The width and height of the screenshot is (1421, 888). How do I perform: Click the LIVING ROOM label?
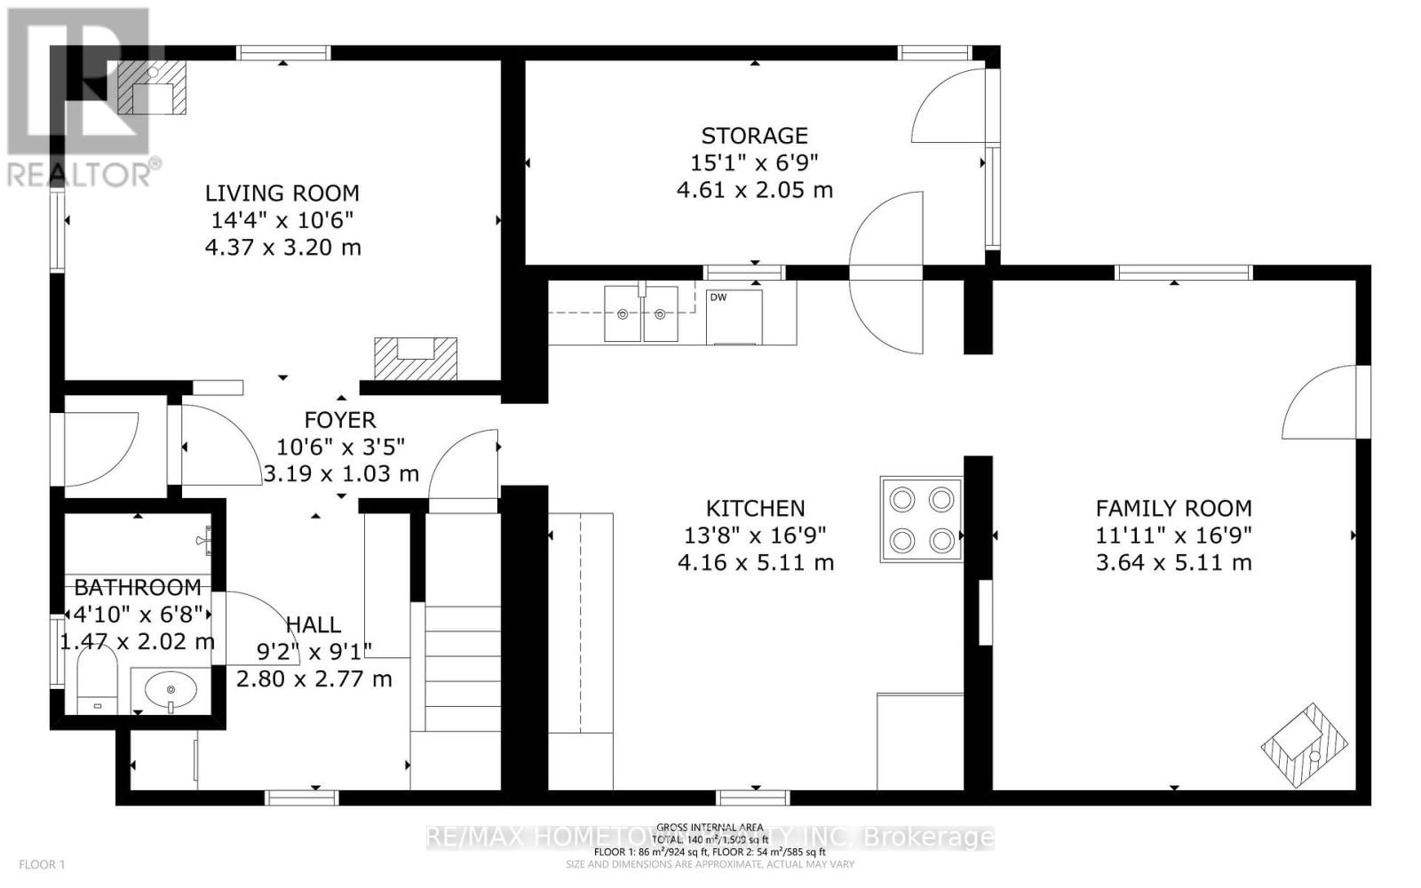(282, 193)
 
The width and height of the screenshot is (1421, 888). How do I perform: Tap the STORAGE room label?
(754, 135)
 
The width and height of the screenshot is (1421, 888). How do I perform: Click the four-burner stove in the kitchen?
(922, 519)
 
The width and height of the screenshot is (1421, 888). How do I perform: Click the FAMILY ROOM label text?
(1173, 508)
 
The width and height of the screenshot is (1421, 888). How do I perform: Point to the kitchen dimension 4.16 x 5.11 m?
(755, 562)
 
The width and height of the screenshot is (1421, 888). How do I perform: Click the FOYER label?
(340, 419)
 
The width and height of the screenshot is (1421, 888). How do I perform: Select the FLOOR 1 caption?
(43, 864)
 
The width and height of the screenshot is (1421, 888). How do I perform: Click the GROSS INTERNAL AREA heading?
(710, 828)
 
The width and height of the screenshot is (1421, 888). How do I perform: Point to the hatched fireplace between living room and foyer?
(416, 358)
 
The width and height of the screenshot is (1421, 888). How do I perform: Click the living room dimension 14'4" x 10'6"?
(282, 219)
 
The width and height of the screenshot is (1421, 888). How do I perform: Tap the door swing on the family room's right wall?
(1323, 404)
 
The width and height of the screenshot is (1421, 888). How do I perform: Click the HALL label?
(313, 624)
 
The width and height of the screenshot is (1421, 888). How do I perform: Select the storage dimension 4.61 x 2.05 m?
(754, 189)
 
